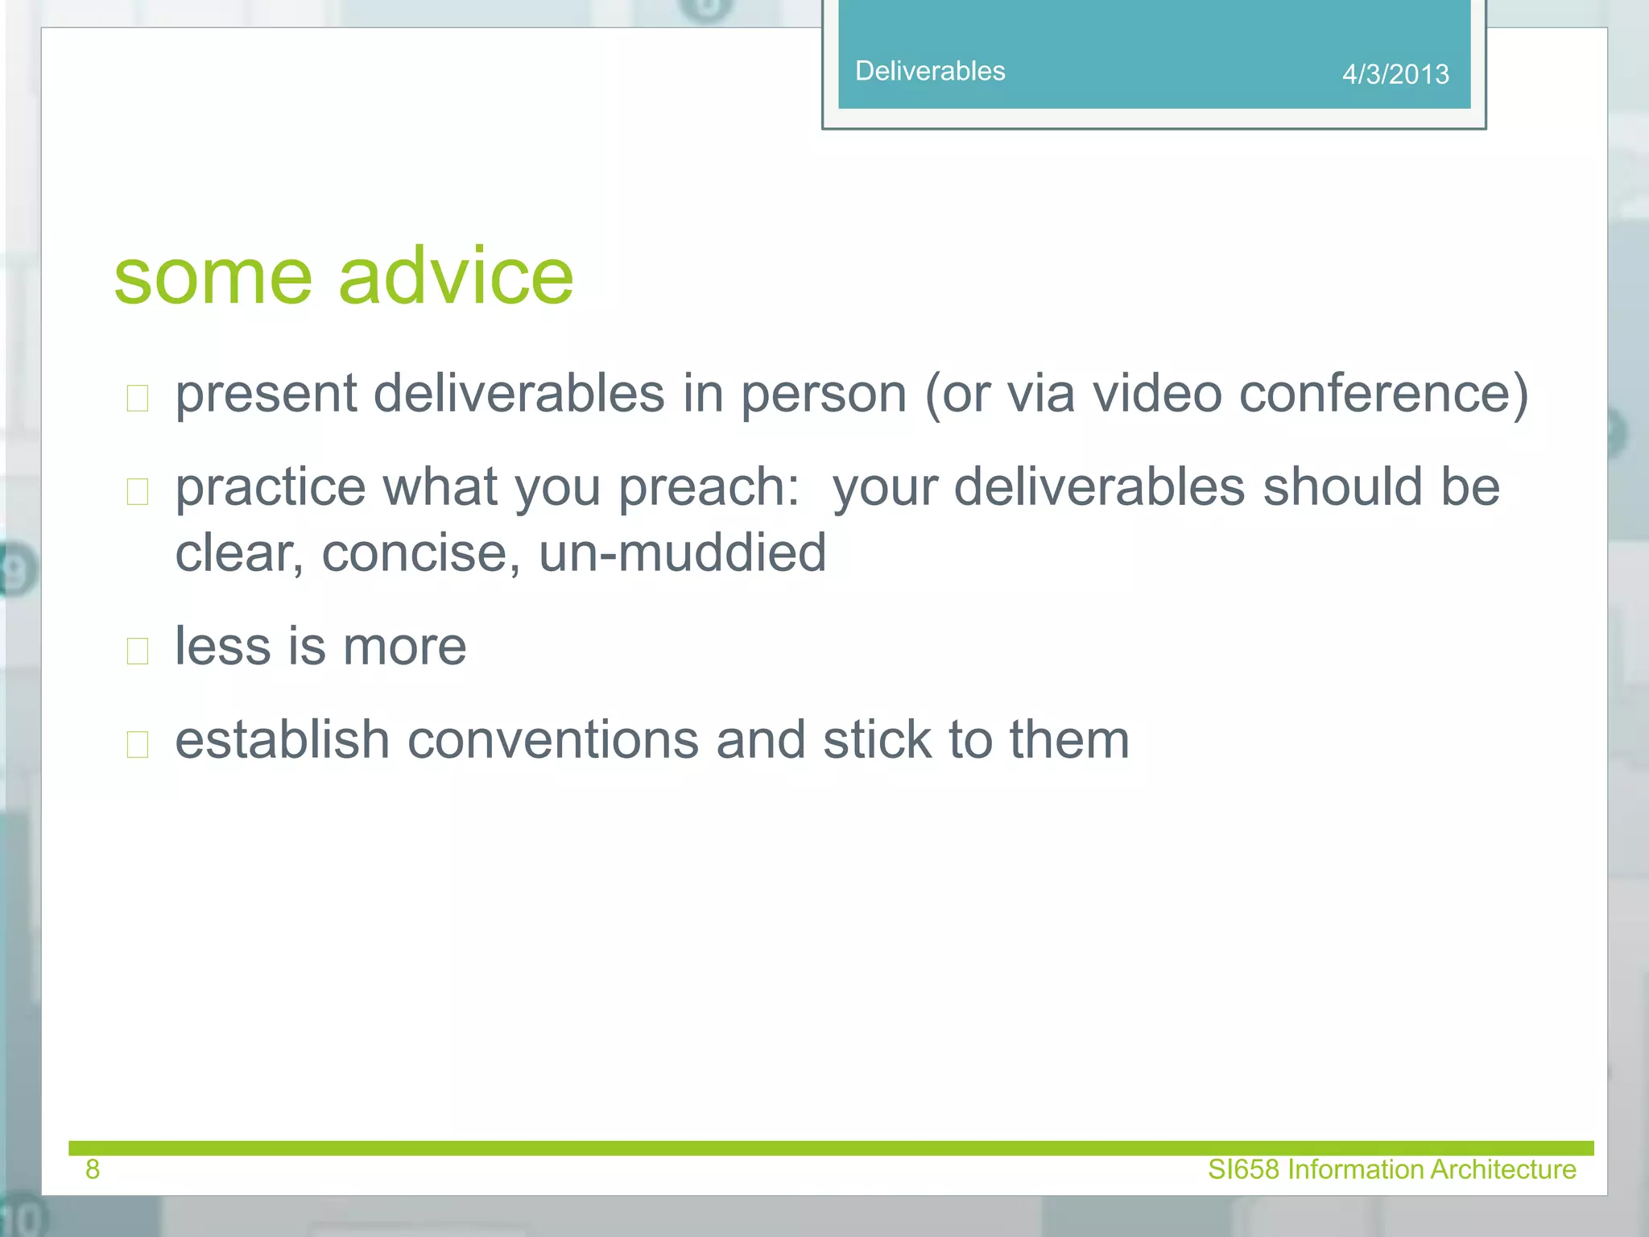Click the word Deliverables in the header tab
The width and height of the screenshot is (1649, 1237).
point(930,71)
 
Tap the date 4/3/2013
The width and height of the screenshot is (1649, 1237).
point(1395,74)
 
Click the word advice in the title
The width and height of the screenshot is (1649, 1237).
point(456,276)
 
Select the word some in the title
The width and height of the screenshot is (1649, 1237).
point(213,276)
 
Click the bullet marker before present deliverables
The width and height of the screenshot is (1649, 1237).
point(138,398)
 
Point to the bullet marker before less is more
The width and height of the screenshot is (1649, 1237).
point(138,651)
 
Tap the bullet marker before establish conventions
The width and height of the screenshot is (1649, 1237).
point(138,744)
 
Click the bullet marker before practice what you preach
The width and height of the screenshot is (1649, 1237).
point(138,491)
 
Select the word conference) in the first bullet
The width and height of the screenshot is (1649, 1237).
point(1383,395)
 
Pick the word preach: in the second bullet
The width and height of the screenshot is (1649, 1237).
point(709,488)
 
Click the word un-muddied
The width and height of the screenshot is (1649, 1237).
point(682,553)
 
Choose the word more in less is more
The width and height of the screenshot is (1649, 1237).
point(404,647)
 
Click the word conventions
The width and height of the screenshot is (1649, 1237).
point(552,740)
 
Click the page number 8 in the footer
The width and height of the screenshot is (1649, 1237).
point(93,1169)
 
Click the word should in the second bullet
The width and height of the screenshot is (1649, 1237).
point(1342,488)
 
